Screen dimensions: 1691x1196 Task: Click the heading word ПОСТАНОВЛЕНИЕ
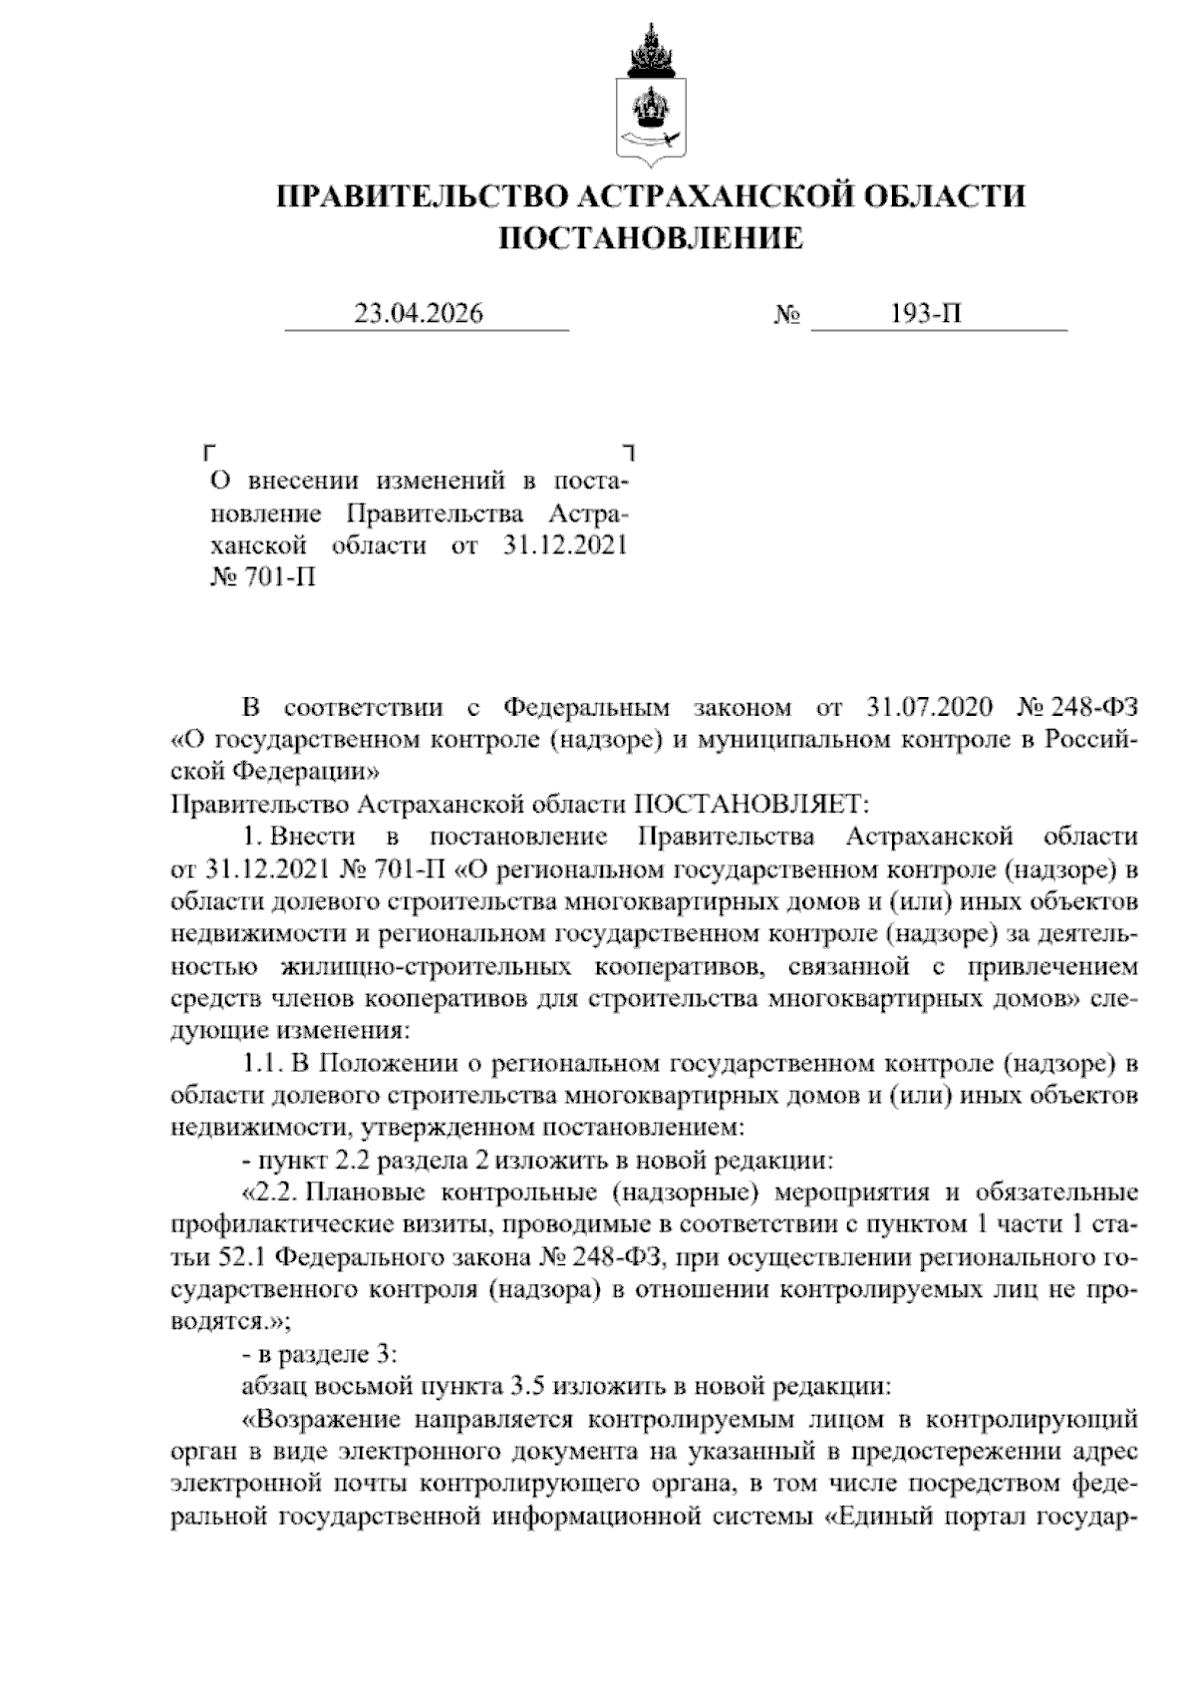650,238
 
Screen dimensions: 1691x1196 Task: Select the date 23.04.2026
419,314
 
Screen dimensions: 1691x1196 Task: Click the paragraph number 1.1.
265,1063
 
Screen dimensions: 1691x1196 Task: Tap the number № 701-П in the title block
262,577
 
